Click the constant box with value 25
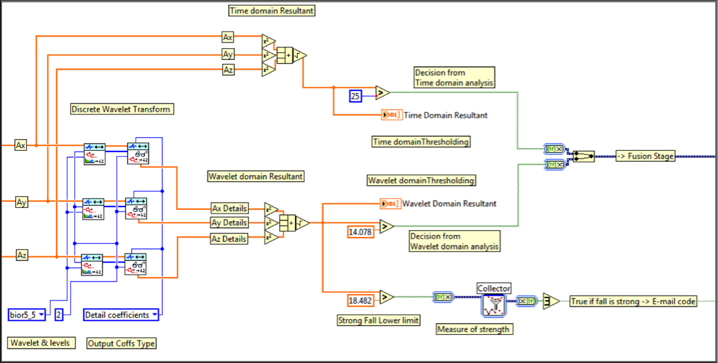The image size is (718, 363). pos(356,96)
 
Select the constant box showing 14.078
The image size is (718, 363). pos(360,232)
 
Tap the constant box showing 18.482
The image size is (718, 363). pos(360,300)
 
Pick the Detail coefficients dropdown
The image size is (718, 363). pos(121,315)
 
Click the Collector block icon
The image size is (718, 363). pos(494,304)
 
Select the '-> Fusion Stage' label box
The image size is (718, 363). pos(644,156)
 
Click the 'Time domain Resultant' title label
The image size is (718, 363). pos(272,10)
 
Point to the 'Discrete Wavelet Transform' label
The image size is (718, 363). pos(121,109)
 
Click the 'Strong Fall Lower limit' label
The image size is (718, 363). pos(378,320)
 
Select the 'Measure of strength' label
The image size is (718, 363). pos(474,329)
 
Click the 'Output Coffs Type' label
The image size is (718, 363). pos(122,343)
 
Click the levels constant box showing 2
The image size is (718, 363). pos(60,315)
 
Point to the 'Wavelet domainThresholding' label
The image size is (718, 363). pos(421,180)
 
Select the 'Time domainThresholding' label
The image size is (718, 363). pos(421,142)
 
